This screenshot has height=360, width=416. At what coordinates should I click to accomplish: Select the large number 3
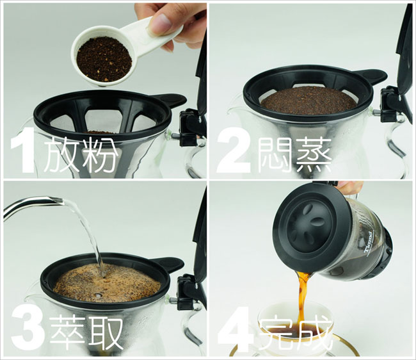click(x=28, y=331)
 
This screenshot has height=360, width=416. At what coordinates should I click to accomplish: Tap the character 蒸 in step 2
click(x=314, y=154)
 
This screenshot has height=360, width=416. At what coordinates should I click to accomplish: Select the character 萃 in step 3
click(x=67, y=332)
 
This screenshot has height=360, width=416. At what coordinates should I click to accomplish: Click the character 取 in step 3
click(x=105, y=332)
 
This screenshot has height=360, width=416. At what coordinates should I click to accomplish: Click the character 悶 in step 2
click(x=275, y=154)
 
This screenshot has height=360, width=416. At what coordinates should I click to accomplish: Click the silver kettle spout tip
click(x=60, y=201)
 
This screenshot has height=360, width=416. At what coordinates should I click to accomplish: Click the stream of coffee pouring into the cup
click(x=303, y=300)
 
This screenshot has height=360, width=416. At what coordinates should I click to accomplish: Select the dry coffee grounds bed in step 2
click(x=308, y=101)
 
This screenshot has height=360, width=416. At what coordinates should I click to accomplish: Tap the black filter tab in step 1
click(x=170, y=101)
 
